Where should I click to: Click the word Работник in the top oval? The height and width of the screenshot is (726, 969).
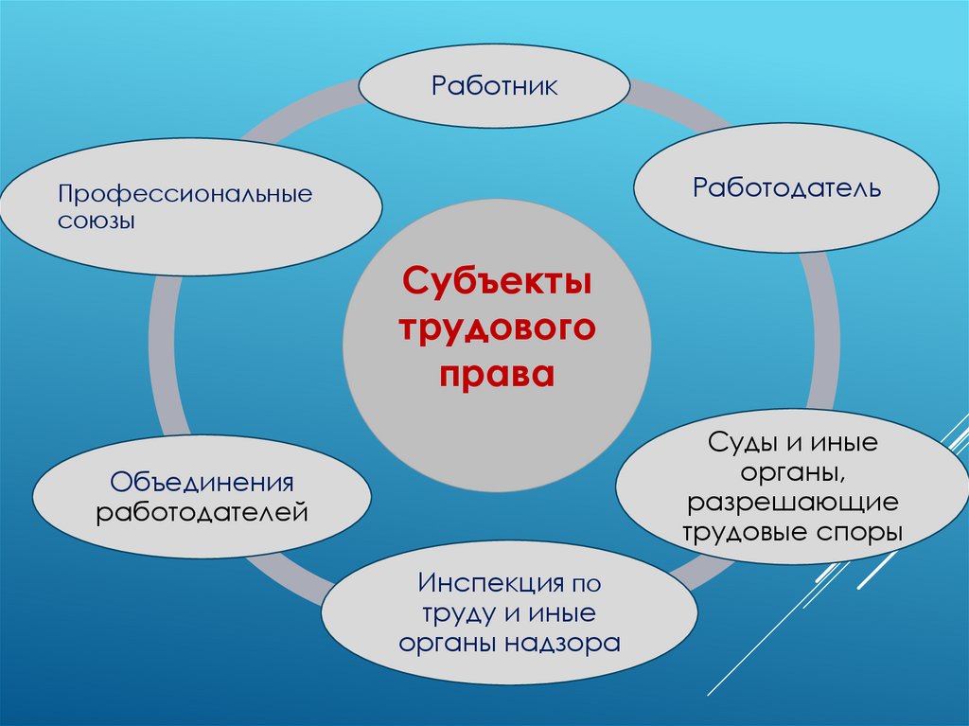[494, 86]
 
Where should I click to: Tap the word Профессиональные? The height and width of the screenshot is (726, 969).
[185, 197]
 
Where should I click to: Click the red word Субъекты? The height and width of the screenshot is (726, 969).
[497, 281]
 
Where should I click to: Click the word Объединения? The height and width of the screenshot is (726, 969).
[202, 483]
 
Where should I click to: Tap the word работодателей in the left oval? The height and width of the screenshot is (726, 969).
[202, 513]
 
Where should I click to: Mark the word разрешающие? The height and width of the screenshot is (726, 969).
[792, 502]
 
